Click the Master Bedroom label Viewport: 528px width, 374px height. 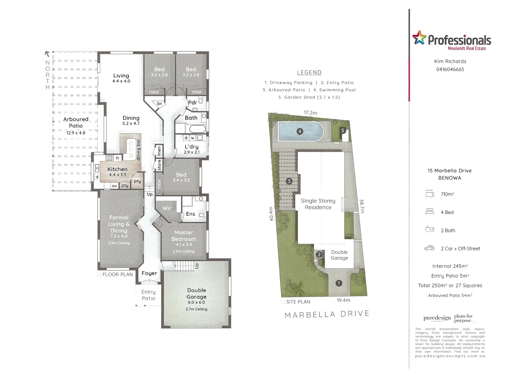pos(184,236)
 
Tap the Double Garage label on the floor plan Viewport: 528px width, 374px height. pos(196,293)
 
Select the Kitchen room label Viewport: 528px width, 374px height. pos(117,169)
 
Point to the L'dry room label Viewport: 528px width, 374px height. pos(192,147)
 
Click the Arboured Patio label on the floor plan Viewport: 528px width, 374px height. pos(76,122)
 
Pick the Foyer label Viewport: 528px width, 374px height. pos(149,273)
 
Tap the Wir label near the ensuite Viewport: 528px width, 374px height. pos(167,208)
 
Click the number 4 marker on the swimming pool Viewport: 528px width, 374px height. pos(300,131)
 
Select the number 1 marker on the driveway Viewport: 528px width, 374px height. pos(339,283)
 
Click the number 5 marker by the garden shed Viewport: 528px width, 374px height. pos(343,131)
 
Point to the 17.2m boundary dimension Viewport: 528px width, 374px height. pos(310,113)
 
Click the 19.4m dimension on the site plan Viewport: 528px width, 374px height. pos(343,300)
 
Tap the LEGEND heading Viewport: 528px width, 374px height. pos(309,72)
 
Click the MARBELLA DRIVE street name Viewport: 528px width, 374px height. pos(327,314)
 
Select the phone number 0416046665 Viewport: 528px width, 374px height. pos(450,69)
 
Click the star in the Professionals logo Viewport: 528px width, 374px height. pos(419,37)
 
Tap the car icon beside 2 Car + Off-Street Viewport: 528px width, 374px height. pos(429,248)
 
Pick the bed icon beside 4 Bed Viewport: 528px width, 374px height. pos(429,212)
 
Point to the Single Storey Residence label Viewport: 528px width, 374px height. pos(318,204)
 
